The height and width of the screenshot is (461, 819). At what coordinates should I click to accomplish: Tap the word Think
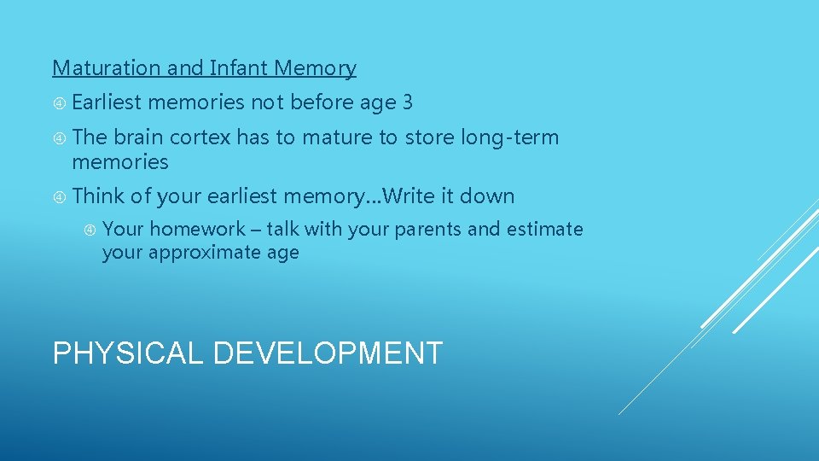pos(98,196)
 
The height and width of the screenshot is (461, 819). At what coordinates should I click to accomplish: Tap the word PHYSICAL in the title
pos(128,353)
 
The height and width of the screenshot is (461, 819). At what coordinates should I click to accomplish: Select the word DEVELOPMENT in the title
pos(327,353)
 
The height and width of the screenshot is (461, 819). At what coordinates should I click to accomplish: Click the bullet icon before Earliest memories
pos(59,103)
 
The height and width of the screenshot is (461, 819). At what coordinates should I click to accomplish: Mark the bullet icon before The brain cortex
pos(59,138)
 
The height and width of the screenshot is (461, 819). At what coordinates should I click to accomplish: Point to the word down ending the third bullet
pos(489,196)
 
